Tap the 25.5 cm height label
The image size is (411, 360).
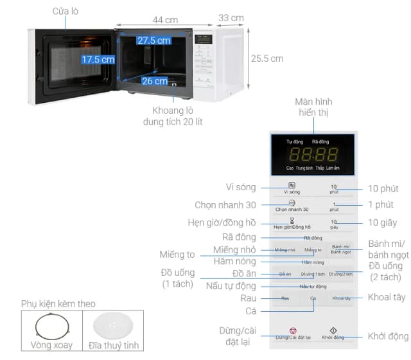point(267,59)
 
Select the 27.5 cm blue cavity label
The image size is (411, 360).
point(153,40)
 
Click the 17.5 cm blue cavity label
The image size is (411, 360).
point(98,59)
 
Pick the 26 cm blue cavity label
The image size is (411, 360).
point(154,81)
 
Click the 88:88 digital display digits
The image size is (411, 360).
point(313,154)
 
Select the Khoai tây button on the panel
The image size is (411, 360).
point(342,298)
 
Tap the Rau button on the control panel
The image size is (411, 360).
point(285,298)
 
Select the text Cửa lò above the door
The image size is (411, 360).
point(66,11)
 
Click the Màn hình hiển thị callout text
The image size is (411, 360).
point(313,107)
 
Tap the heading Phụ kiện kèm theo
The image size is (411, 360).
point(57,303)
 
